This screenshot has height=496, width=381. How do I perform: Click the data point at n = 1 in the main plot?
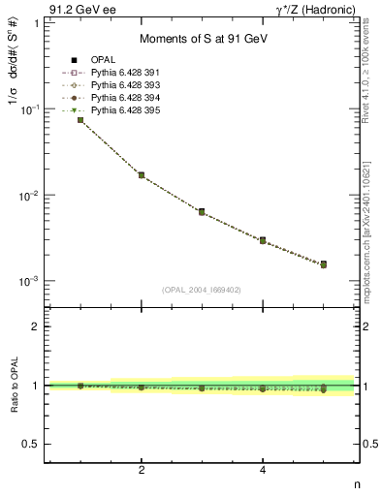[80, 120]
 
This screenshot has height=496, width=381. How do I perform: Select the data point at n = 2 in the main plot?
[142, 175]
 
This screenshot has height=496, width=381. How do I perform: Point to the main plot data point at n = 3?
[202, 211]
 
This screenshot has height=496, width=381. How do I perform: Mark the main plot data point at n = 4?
[263, 240]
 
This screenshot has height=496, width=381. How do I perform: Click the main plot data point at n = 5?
[323, 263]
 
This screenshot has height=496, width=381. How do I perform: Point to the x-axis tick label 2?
[142, 471]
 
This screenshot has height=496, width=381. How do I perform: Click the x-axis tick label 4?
[263, 471]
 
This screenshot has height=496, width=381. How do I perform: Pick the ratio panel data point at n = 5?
[323, 389]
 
